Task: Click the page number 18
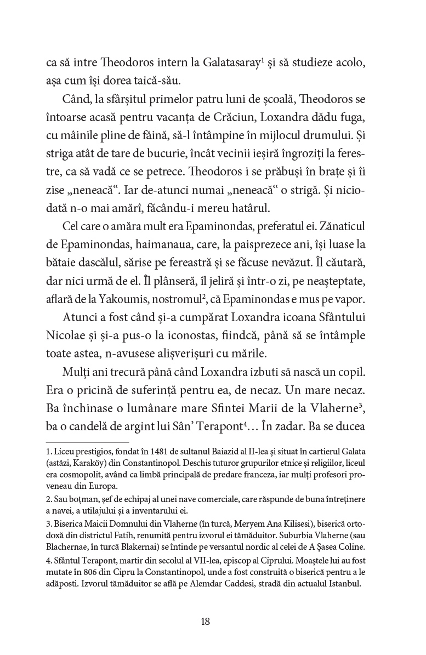click(x=206, y=622)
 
